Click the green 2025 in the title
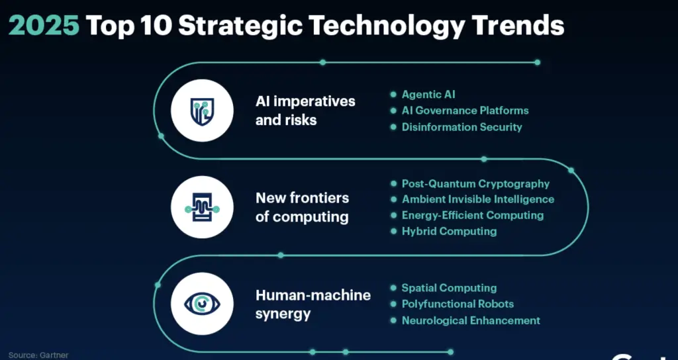(x=44, y=25)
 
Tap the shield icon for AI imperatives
(x=202, y=111)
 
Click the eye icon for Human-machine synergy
(x=202, y=303)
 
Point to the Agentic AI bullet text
(x=428, y=95)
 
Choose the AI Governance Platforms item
(x=465, y=111)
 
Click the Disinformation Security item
(x=461, y=126)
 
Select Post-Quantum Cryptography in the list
(x=475, y=183)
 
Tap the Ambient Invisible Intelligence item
(x=477, y=199)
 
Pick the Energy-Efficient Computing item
(x=472, y=215)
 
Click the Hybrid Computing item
(x=449, y=231)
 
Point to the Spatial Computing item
(x=449, y=288)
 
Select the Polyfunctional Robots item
(x=458, y=304)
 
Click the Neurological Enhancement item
(x=471, y=320)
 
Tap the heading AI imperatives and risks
(x=305, y=111)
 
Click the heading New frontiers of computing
(x=302, y=207)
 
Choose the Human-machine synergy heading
(x=313, y=304)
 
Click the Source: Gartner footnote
(x=38, y=355)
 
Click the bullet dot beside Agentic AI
(x=393, y=95)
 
